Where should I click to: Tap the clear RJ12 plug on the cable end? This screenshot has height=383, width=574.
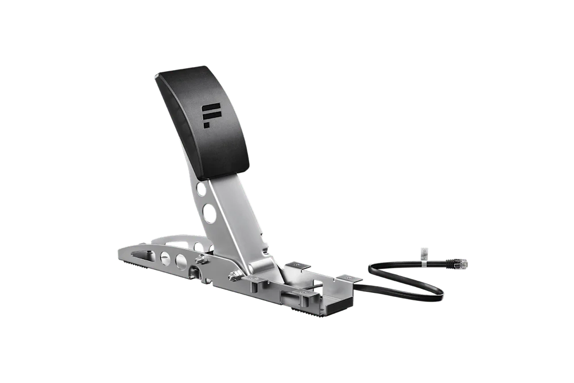(x=460, y=263)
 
